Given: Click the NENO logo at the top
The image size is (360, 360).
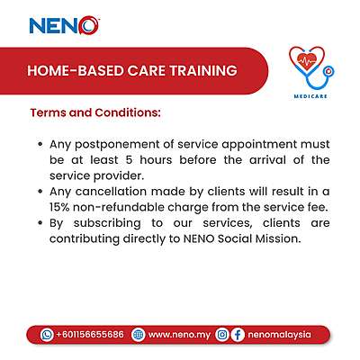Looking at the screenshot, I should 65,25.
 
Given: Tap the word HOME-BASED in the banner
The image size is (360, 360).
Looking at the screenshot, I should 70,70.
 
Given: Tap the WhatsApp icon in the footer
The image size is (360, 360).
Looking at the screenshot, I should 47,334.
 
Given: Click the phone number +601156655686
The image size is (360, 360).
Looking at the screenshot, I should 90,334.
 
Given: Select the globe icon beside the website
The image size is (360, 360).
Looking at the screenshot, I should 137,334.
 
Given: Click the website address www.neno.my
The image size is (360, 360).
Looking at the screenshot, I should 178,334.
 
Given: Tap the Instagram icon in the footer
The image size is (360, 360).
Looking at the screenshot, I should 221,334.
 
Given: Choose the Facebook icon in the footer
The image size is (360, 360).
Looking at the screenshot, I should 238,334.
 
